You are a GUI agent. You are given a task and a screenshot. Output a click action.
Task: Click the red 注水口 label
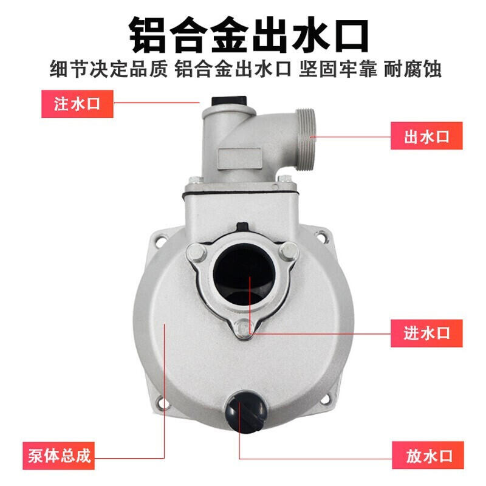(x=77, y=104)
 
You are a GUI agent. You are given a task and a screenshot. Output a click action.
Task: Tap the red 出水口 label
(x=426, y=136)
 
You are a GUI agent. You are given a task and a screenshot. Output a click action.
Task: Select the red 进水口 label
(x=426, y=333)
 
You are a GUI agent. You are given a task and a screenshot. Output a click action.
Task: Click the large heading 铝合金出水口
(x=249, y=35)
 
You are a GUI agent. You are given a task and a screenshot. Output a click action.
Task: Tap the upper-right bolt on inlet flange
(x=290, y=249)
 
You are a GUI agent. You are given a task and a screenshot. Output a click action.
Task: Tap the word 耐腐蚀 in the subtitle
(x=413, y=69)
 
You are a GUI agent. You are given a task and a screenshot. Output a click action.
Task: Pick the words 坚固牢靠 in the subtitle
(x=338, y=69)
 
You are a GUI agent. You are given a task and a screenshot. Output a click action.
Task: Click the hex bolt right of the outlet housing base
(x=284, y=179)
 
